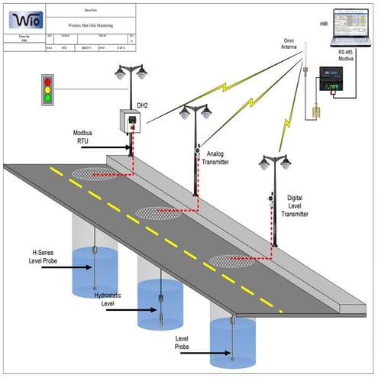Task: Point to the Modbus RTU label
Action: point(86,135)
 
